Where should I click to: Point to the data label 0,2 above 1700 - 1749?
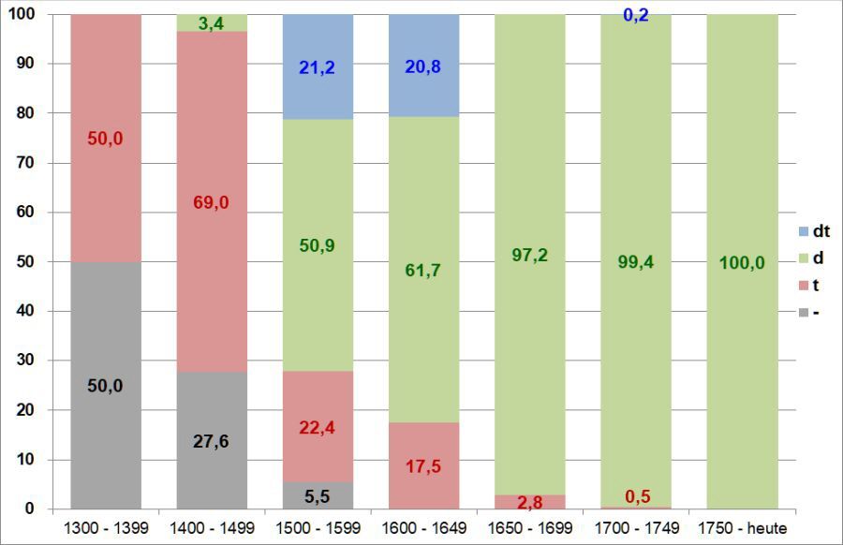tap(636, 14)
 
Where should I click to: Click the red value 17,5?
tap(423, 466)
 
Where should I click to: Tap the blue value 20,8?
tap(423, 66)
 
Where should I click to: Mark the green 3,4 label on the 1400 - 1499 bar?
tap(212, 23)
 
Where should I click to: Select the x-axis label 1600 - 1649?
tap(423, 529)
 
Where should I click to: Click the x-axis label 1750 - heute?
tap(742, 529)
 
